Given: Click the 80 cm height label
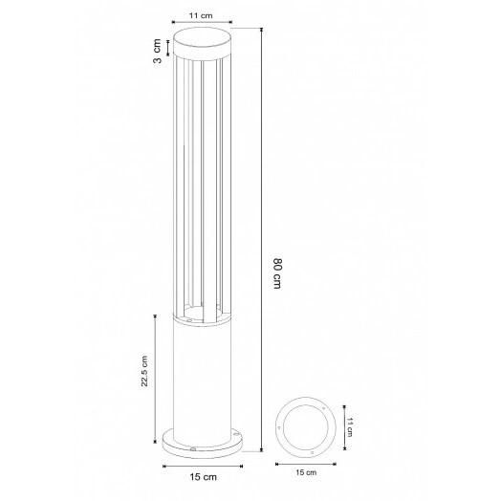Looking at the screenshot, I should click(279, 272).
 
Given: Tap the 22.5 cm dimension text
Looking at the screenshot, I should click(144, 373).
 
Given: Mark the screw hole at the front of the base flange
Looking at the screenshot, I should click(194, 447).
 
